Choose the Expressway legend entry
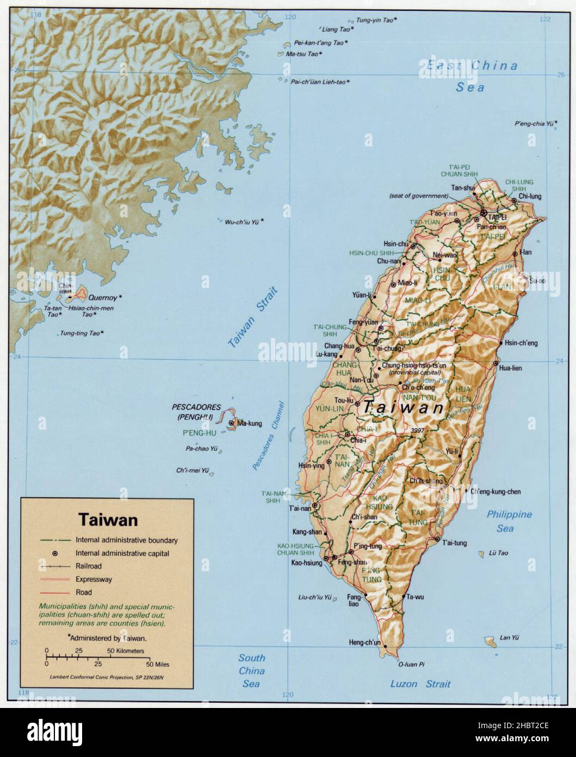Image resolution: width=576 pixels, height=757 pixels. coord(94,579)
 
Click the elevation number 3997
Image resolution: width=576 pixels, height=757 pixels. coord(418,430)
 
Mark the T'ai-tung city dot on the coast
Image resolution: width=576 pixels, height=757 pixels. coord(436,540)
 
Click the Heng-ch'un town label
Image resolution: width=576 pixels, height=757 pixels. coord(364,643)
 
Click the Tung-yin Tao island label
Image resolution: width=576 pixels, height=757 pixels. coord(375,20)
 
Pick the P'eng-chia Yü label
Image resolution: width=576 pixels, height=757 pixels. coord(533,124)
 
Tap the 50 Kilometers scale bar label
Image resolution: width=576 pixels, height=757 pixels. coord(126,651)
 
